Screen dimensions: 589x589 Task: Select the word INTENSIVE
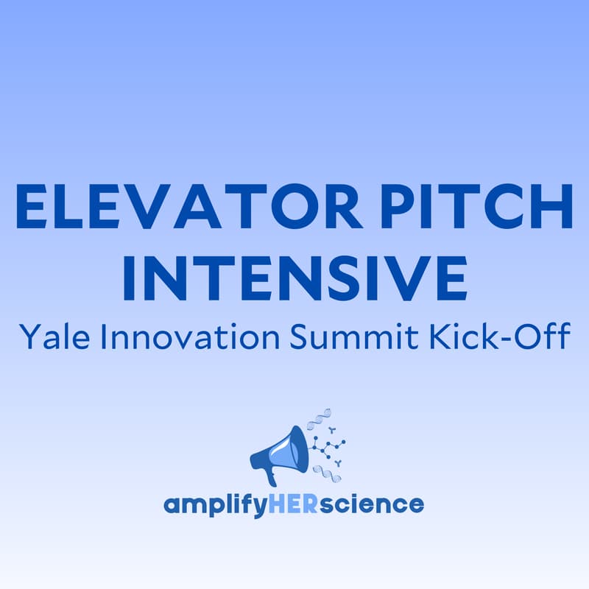(294, 278)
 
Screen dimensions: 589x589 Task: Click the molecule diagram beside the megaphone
(327, 445)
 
